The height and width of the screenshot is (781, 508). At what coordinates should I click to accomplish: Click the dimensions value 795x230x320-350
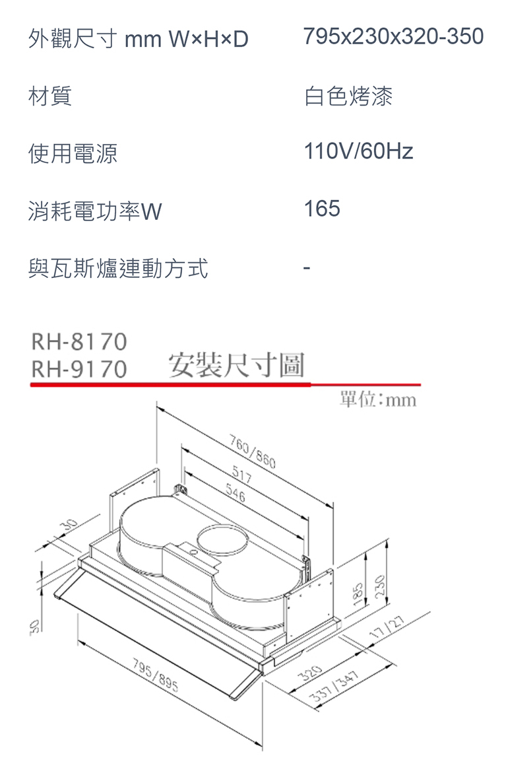coord(394,36)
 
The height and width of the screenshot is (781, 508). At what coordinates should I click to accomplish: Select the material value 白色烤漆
coord(348,96)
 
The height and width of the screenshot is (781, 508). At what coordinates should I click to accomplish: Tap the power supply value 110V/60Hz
coord(358,153)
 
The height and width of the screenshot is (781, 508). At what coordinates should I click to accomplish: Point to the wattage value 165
coord(322,209)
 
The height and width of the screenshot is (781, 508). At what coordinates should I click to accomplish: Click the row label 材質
coord(50,98)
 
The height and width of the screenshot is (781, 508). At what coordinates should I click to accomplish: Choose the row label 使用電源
coord(73,154)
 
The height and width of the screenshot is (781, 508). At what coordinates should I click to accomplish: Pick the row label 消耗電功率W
coord(94,212)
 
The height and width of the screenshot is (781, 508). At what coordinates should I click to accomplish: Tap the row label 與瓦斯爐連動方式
coord(117,269)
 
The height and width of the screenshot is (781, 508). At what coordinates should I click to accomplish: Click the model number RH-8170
coord(79,342)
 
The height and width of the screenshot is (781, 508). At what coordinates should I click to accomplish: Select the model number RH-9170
coord(79,370)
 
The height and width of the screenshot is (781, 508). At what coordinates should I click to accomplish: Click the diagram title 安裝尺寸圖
coord(237,365)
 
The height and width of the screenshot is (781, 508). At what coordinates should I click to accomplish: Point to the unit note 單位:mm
coord(378,400)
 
